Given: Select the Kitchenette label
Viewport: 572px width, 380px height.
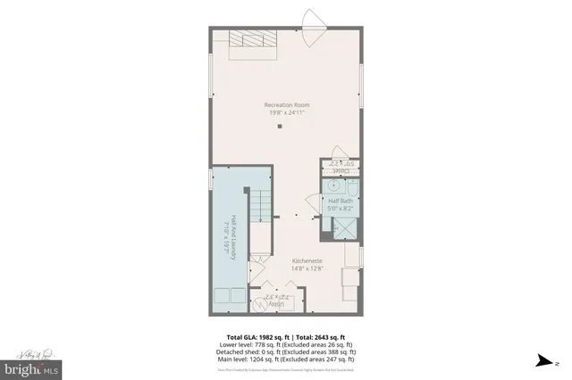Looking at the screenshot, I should (306, 260).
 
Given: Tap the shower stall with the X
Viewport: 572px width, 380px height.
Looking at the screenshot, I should (342, 228).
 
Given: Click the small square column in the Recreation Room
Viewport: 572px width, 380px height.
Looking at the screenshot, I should (280, 127).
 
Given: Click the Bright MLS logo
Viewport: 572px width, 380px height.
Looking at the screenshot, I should (32, 366).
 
